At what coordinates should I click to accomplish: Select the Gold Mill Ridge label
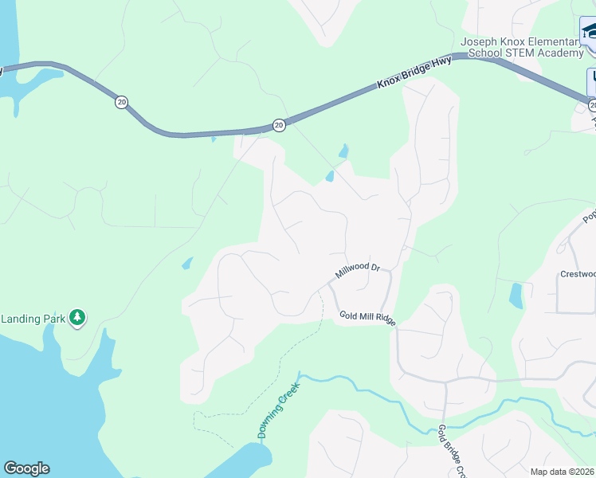(367, 316)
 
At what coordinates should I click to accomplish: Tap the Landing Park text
(33, 319)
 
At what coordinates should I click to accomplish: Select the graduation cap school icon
(589, 32)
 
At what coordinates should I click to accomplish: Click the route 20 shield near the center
(278, 125)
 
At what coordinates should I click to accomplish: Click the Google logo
(26, 468)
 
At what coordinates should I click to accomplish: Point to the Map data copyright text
(563, 472)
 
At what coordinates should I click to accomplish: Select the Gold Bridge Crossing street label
(451, 453)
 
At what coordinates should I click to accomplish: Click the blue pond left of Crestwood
(516, 296)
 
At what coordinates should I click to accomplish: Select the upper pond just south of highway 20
(343, 151)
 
